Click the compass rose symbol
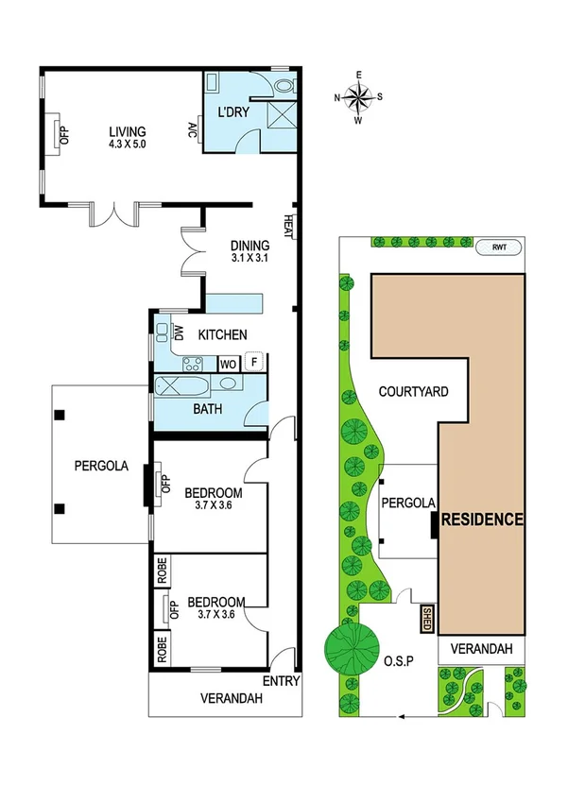359,96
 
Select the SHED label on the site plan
425,621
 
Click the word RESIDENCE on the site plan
482,520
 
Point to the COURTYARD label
412,391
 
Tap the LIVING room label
126,131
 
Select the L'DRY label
232,114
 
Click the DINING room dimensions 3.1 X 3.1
250,257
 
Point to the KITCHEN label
223,334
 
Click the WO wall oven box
228,363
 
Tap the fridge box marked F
253,361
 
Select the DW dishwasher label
178,333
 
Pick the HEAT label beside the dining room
286,226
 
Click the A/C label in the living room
192,131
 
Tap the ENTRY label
283,682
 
